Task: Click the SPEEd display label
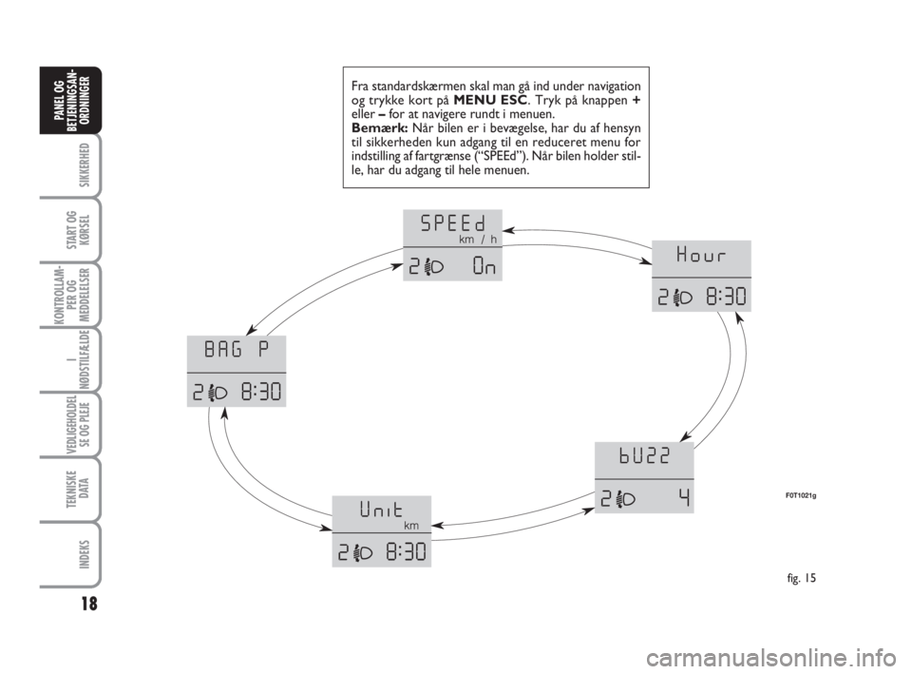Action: (452, 222)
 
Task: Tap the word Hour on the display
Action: (701, 255)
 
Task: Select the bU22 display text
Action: (644, 456)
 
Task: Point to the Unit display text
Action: (381, 510)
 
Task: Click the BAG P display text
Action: (237, 350)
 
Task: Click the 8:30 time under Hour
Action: (726, 298)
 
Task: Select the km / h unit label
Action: (478, 240)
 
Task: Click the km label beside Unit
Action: (411, 526)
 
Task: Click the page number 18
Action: (89, 605)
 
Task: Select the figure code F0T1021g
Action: (799, 496)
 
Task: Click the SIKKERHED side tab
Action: (85, 164)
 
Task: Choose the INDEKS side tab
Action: (85, 554)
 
